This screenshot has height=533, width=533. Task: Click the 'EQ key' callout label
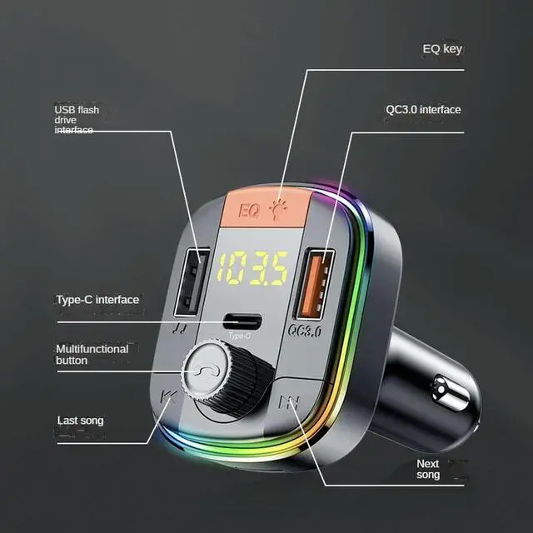(441, 48)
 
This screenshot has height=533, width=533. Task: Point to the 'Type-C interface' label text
(97, 300)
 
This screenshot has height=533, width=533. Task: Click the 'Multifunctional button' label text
(92, 355)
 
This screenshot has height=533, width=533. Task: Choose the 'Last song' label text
(80, 421)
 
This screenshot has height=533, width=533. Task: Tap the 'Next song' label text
(428, 469)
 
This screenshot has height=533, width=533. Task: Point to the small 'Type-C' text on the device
(240, 337)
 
